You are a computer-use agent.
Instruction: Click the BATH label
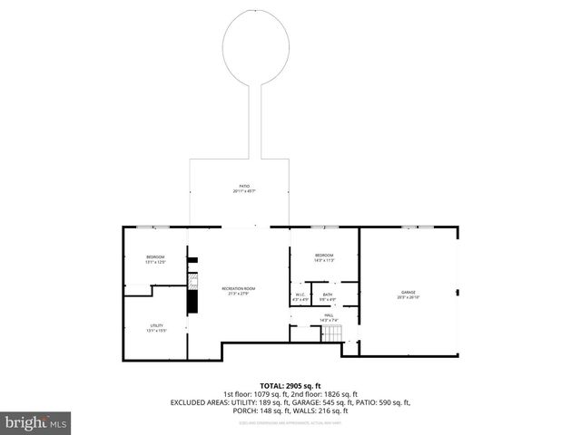(x=327, y=295)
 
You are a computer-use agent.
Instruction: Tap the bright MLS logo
(x=36, y=422)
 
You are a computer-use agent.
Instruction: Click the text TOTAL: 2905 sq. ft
(x=290, y=385)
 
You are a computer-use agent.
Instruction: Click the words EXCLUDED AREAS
(x=193, y=401)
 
